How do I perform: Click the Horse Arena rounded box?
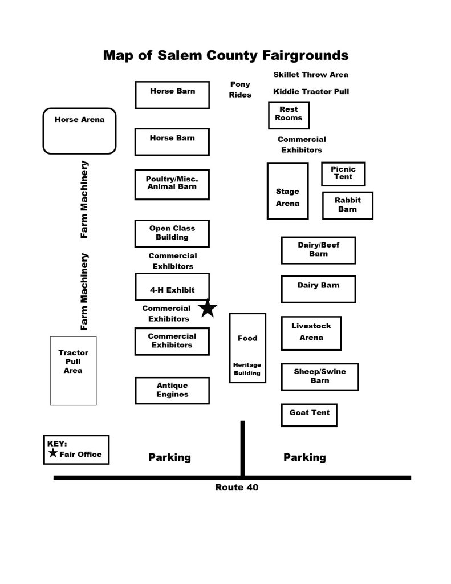79,131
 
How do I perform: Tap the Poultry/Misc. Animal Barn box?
172,184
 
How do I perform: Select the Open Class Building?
172,233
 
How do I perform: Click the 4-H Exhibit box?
172,287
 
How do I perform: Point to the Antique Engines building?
172,390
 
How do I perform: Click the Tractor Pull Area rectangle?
74,371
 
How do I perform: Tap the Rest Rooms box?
289,115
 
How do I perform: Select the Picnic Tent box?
343,174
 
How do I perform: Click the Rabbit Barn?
347,205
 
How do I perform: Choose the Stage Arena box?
287,190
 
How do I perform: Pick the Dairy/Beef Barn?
318,250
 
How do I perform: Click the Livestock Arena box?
311,333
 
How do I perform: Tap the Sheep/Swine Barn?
320,376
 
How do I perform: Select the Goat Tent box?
309,415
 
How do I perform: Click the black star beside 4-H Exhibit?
208,309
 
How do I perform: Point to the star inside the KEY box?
53,453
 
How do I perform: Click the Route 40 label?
237,488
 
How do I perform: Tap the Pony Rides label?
240,90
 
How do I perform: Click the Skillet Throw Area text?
311,75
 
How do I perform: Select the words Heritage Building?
247,369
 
